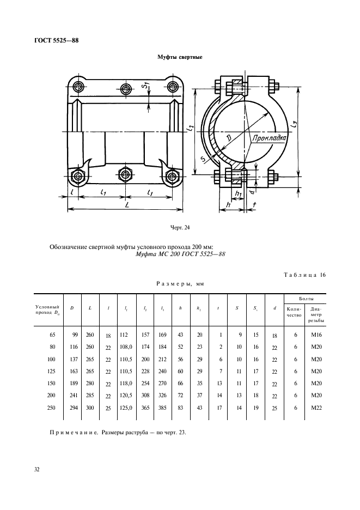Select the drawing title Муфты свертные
pyautogui.click(x=180, y=57)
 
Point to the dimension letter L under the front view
pyautogui.click(x=126, y=204)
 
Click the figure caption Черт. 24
pyautogui.click(x=180, y=227)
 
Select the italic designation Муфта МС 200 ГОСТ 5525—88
pyautogui.click(x=180, y=253)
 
